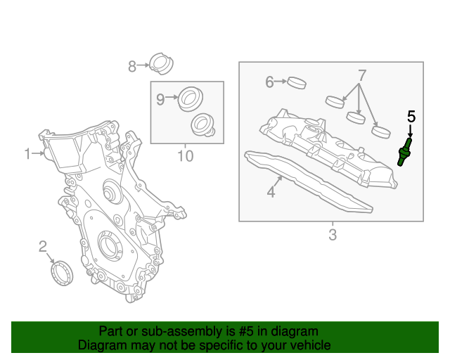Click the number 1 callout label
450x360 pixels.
tap(28, 153)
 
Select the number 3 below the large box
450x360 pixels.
tap(333, 234)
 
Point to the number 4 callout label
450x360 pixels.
tap(271, 191)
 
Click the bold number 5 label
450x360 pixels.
tap(411, 115)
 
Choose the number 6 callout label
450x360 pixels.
tap(269, 82)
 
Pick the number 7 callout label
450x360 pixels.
tap(362, 75)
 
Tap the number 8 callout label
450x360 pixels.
tap(132, 66)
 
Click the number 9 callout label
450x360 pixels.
tap(160, 99)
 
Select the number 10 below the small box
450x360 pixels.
tap(185, 155)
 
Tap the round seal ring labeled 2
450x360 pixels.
tap(63, 273)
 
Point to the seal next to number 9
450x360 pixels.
tap(188, 98)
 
